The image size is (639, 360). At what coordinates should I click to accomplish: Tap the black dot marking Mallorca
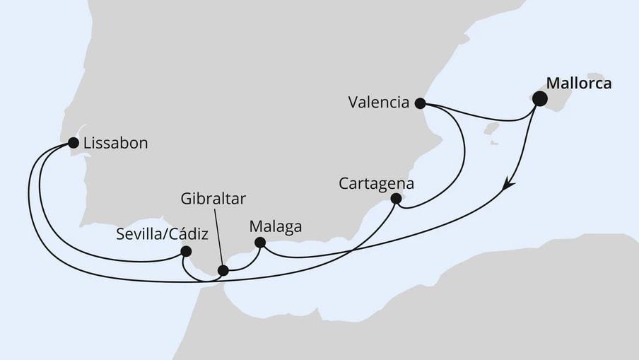(539, 98)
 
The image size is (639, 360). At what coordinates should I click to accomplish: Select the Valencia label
(379, 103)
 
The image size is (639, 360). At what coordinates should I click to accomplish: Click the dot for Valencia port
(420, 103)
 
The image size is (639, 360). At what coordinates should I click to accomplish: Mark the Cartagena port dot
(396, 199)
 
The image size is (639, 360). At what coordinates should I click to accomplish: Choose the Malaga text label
(276, 227)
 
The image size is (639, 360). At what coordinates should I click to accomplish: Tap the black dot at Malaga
(259, 243)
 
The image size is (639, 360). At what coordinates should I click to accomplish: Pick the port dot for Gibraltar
(223, 270)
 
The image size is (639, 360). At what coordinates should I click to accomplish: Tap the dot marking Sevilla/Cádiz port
(186, 250)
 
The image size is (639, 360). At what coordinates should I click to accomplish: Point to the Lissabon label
(115, 143)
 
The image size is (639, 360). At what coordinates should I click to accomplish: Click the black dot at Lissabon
(73, 143)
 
